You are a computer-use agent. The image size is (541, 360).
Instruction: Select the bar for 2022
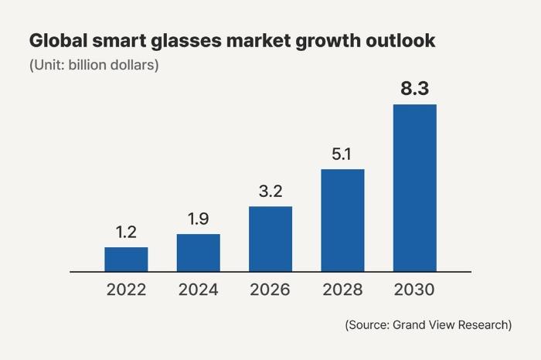(126, 260)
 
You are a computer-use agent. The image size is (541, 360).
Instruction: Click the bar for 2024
(198, 253)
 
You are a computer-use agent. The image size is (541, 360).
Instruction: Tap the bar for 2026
(270, 239)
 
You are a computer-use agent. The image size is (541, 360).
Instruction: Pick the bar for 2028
(342, 220)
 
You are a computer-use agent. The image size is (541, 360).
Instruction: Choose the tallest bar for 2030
(414, 188)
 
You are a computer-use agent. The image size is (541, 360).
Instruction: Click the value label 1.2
(126, 232)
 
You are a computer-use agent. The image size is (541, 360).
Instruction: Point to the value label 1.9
(198, 219)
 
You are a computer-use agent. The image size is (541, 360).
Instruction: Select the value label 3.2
(270, 191)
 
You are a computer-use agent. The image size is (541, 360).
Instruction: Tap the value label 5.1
(342, 154)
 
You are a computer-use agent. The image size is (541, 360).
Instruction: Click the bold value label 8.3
(414, 88)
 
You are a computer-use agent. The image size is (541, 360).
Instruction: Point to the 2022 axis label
(126, 290)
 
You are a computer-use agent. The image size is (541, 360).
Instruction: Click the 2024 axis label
(198, 290)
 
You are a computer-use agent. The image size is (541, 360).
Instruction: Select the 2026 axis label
(270, 290)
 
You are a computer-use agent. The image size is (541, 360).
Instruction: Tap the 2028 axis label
(342, 290)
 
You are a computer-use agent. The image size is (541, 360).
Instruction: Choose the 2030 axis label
(414, 290)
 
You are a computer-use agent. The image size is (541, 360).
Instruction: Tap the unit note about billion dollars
(94, 65)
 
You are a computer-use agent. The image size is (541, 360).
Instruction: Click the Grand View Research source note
(428, 325)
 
